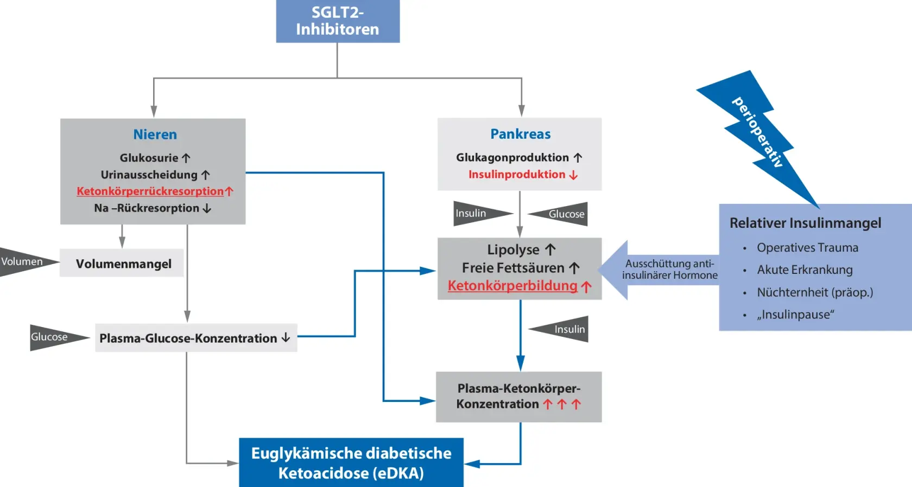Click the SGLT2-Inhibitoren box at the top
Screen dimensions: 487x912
pos(338,21)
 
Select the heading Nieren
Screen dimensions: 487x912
pos(155,134)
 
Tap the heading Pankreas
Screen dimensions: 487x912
pos(520,134)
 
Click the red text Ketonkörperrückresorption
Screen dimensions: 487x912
pos(150,191)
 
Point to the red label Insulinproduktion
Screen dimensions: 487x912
pos(517,175)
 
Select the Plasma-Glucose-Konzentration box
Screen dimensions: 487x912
pos(195,338)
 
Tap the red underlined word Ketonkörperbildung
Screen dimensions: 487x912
pos(512,286)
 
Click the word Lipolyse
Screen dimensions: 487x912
pos(513,249)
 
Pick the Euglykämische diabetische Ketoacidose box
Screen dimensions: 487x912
pos(351,463)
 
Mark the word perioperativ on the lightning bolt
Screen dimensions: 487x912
pos(758,132)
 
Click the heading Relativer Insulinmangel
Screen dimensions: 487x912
pos(805,223)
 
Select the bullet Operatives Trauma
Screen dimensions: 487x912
pos(807,248)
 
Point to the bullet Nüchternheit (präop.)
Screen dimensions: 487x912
pos(815,292)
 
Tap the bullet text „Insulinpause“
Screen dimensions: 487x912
pos(795,315)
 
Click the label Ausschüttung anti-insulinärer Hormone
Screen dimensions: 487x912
pos(669,270)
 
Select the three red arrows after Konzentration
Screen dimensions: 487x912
pos(562,404)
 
